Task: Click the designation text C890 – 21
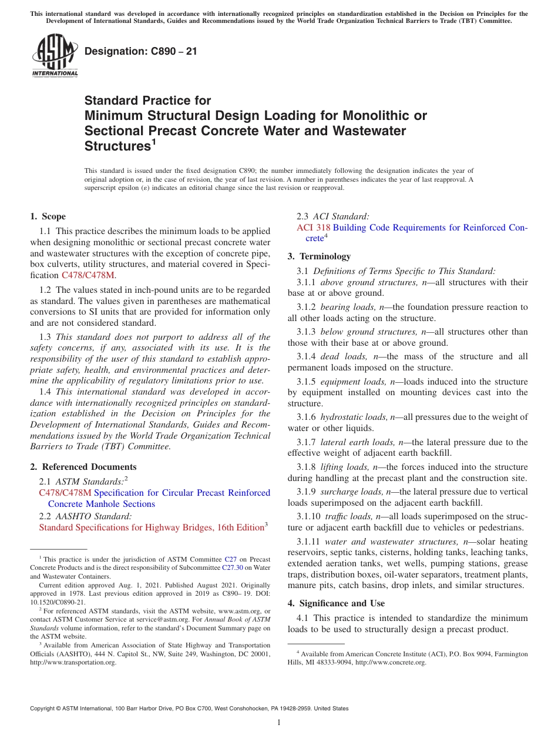(141, 52)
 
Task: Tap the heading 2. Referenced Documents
(83, 467)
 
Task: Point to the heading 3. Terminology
(319, 256)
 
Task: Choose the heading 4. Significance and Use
(336, 603)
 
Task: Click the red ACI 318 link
(313, 228)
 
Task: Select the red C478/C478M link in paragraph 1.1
(88, 275)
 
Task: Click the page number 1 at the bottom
(279, 723)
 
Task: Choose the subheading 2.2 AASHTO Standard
(85, 516)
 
